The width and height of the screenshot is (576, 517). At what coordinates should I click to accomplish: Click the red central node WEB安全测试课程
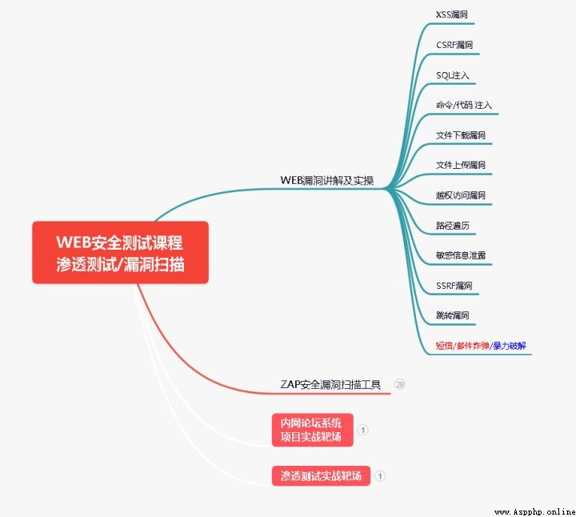[121, 252]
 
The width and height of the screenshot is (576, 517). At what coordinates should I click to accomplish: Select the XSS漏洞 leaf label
[451, 14]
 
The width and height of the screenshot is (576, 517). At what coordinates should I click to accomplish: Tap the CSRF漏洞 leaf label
[454, 45]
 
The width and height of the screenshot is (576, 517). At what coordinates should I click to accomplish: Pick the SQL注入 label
[453, 75]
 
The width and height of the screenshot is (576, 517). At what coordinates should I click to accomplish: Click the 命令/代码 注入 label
[464, 105]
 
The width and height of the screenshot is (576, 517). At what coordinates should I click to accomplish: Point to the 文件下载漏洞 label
[461, 135]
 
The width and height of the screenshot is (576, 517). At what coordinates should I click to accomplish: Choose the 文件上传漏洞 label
[461, 165]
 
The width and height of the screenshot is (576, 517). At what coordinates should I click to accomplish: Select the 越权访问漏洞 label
[461, 195]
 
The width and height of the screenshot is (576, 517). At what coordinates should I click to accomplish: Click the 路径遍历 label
[453, 225]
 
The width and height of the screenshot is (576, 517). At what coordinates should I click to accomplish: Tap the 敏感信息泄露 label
[461, 255]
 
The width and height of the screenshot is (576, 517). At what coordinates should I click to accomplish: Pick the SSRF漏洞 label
[454, 286]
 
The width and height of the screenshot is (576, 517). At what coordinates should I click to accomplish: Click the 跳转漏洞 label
[453, 315]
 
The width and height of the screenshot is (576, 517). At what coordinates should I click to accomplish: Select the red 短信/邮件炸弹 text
[462, 346]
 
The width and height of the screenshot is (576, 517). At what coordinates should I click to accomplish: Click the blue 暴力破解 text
[510, 346]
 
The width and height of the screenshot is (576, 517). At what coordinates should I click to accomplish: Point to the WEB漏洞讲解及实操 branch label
[327, 180]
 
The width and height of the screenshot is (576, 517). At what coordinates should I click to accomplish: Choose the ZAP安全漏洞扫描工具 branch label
[330, 384]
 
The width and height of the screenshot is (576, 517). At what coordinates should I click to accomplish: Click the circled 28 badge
[399, 384]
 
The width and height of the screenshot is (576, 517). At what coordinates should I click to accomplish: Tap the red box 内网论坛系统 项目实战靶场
[313, 430]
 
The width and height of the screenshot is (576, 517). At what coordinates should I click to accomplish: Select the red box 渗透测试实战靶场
[321, 476]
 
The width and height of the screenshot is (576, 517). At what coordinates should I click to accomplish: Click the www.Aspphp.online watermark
[535, 512]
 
